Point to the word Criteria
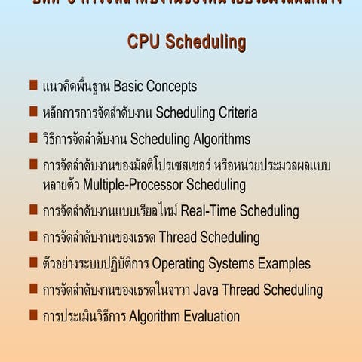point(234,113)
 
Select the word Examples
point(284,264)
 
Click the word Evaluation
point(204,317)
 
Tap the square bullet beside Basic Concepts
point(34,85)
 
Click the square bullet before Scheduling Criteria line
point(34,112)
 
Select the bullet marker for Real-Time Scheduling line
point(34,210)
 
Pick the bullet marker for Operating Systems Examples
point(34,262)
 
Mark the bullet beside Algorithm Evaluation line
point(34,315)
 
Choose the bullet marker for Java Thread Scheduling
point(34,289)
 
